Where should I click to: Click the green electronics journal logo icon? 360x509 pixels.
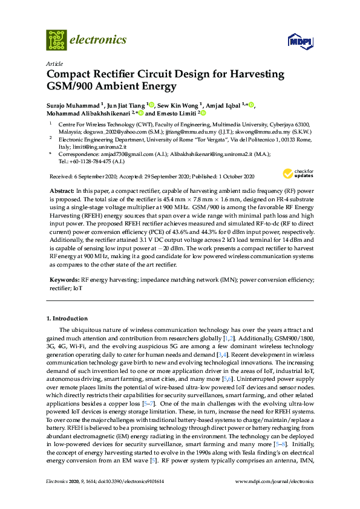coord(56,40)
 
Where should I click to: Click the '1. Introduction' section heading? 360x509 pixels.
coord(67,318)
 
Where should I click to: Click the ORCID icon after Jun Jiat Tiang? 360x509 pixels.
coord(151,105)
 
